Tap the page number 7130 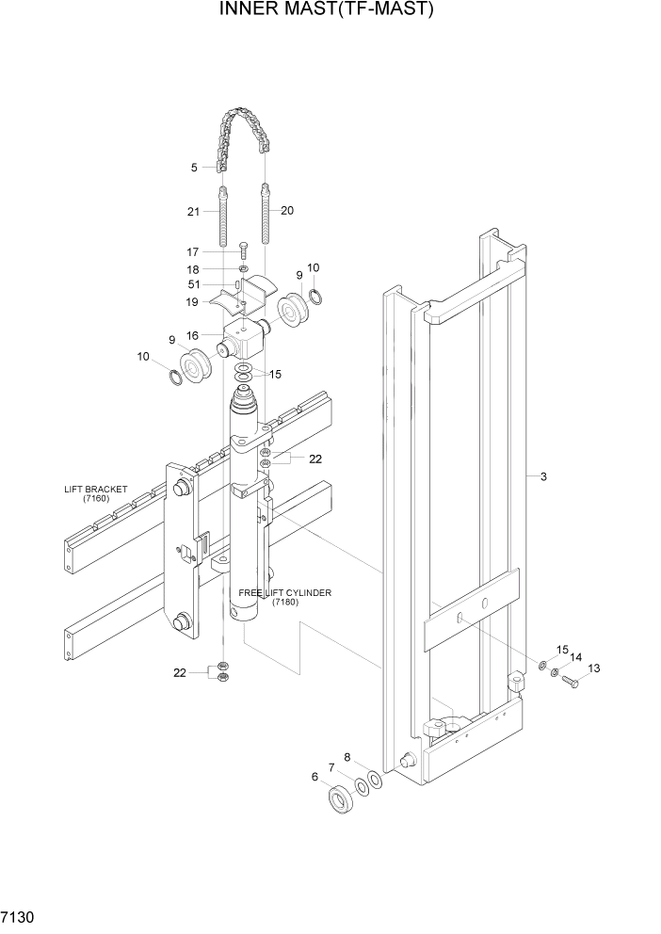(x=19, y=916)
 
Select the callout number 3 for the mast (x=543, y=477)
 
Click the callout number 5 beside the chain (x=194, y=168)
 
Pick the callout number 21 (x=193, y=212)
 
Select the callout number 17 (x=193, y=251)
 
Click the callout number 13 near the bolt (x=593, y=668)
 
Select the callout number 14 (x=576, y=658)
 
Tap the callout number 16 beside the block (x=192, y=335)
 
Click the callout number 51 (x=193, y=285)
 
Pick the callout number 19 (x=192, y=302)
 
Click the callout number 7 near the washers (x=331, y=767)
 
